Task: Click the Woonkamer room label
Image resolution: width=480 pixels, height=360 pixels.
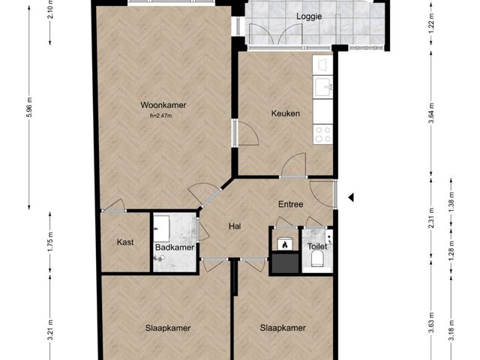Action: point(162,106)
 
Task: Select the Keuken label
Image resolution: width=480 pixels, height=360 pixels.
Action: point(286,114)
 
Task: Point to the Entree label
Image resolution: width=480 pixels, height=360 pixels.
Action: point(290,203)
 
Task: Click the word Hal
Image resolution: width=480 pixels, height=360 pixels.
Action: point(234,226)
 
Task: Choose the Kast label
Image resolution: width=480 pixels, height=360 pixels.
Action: point(125,242)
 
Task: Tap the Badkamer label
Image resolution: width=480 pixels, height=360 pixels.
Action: point(175,247)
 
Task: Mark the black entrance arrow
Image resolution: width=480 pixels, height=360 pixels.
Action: point(350,197)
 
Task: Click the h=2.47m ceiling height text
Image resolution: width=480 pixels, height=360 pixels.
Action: point(161,115)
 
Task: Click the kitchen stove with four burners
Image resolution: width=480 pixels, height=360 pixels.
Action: point(323,133)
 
